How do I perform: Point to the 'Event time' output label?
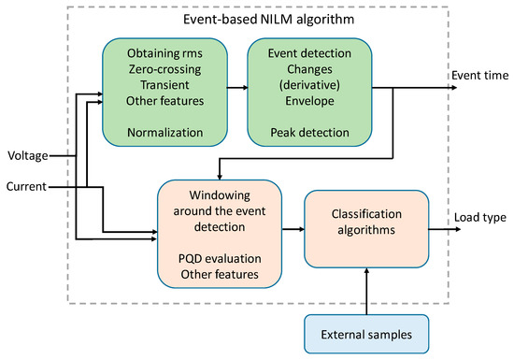tap(479, 75)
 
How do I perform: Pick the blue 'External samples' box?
tap(367, 332)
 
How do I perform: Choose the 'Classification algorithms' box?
tap(367, 228)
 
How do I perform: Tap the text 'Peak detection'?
tap(308, 133)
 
